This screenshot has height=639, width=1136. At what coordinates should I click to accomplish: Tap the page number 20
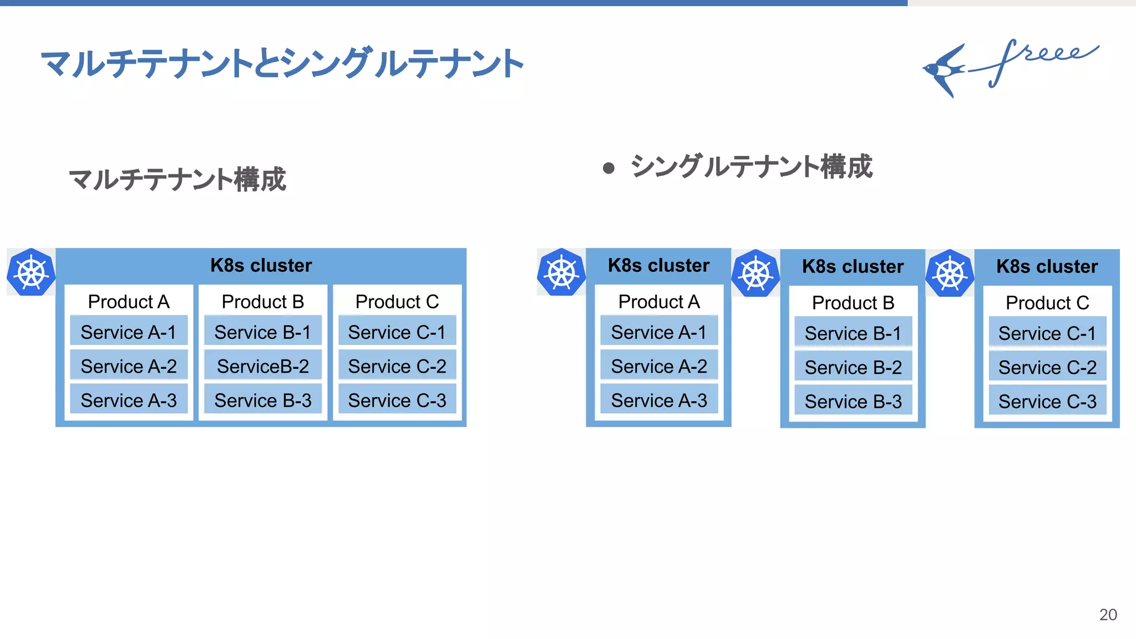pyautogui.click(x=1108, y=615)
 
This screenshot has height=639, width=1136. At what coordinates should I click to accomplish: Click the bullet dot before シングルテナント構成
pyautogui.click(x=608, y=168)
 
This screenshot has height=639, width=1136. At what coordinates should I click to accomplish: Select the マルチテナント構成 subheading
pyautogui.click(x=177, y=180)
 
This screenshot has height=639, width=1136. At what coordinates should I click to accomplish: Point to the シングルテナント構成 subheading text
pyautogui.click(x=751, y=167)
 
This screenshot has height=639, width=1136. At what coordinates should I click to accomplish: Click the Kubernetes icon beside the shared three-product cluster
pyautogui.click(x=31, y=272)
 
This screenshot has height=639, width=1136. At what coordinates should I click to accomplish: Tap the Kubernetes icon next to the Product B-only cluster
pyautogui.click(x=755, y=273)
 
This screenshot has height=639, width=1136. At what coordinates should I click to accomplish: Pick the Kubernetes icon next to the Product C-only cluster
pyautogui.click(x=950, y=273)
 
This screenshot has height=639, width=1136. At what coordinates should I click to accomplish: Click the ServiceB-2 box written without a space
pyautogui.click(x=263, y=366)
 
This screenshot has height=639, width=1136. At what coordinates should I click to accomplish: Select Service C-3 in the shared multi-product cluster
pyautogui.click(x=397, y=400)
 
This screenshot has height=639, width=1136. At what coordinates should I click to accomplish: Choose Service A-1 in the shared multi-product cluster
pyautogui.click(x=129, y=332)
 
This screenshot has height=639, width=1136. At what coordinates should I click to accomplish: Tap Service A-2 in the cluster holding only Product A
pyautogui.click(x=659, y=366)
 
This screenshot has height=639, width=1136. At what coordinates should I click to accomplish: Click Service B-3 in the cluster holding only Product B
pyautogui.click(x=853, y=402)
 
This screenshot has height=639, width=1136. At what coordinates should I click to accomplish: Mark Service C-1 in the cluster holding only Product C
pyautogui.click(x=1047, y=333)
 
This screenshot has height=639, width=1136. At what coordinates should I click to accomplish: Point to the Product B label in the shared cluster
pyautogui.click(x=263, y=302)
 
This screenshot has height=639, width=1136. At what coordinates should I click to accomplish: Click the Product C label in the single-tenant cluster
pyautogui.click(x=1047, y=303)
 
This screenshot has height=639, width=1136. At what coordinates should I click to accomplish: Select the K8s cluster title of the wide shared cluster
pyautogui.click(x=261, y=266)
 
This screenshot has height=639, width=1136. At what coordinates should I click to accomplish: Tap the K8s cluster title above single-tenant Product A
pyautogui.click(x=658, y=266)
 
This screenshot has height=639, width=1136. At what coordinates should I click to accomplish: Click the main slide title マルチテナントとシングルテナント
pyautogui.click(x=282, y=63)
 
